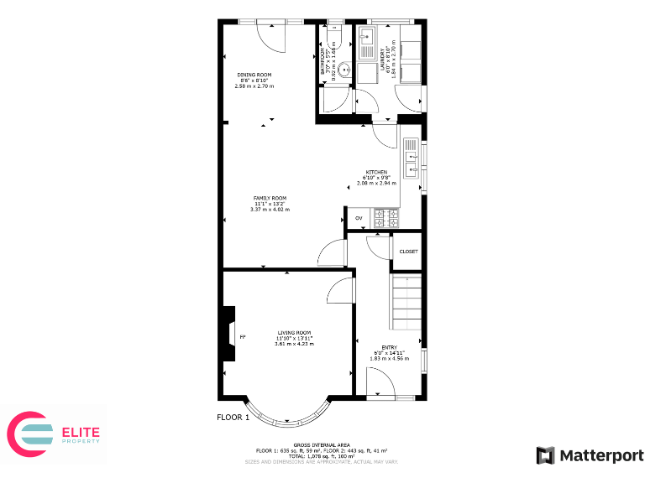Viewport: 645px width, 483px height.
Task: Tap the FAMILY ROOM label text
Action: click(x=270, y=198)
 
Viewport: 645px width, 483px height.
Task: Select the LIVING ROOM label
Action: click(x=295, y=332)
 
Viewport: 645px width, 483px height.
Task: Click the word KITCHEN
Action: click(x=375, y=172)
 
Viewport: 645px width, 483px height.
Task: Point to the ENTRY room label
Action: click(x=389, y=347)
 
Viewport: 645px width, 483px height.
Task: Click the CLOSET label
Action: click(x=408, y=252)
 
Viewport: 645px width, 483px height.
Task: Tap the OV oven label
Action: click(x=359, y=218)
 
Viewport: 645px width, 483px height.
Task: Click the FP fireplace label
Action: click(x=243, y=337)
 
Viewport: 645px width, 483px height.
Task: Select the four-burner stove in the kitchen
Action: click(x=386, y=218)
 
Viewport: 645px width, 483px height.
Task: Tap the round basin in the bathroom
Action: click(x=330, y=71)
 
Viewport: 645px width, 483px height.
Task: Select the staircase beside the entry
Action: click(x=406, y=304)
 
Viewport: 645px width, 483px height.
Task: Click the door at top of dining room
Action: click(x=274, y=31)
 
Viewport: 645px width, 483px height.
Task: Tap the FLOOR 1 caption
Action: click(x=233, y=418)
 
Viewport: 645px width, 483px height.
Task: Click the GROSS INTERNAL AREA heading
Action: click(x=322, y=444)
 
